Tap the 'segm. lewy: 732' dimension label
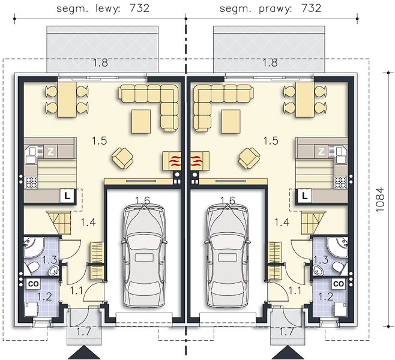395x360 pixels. point(103,8)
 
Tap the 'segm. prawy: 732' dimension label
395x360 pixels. point(271,8)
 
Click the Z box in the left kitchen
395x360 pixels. point(50,152)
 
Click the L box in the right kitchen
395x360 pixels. point(305,196)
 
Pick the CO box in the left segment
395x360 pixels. point(33,284)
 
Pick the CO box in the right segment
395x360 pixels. point(339,284)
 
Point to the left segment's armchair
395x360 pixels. point(122,158)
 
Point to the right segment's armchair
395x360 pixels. point(249,158)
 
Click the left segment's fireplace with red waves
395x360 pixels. point(172,161)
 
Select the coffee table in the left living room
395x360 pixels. point(141,121)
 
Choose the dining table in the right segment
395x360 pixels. point(305,100)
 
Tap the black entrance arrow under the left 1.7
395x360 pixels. point(84,352)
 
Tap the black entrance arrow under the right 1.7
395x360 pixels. point(288,352)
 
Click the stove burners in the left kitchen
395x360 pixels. point(31,182)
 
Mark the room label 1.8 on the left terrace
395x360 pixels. point(100,62)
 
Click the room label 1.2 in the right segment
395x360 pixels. point(326,297)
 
